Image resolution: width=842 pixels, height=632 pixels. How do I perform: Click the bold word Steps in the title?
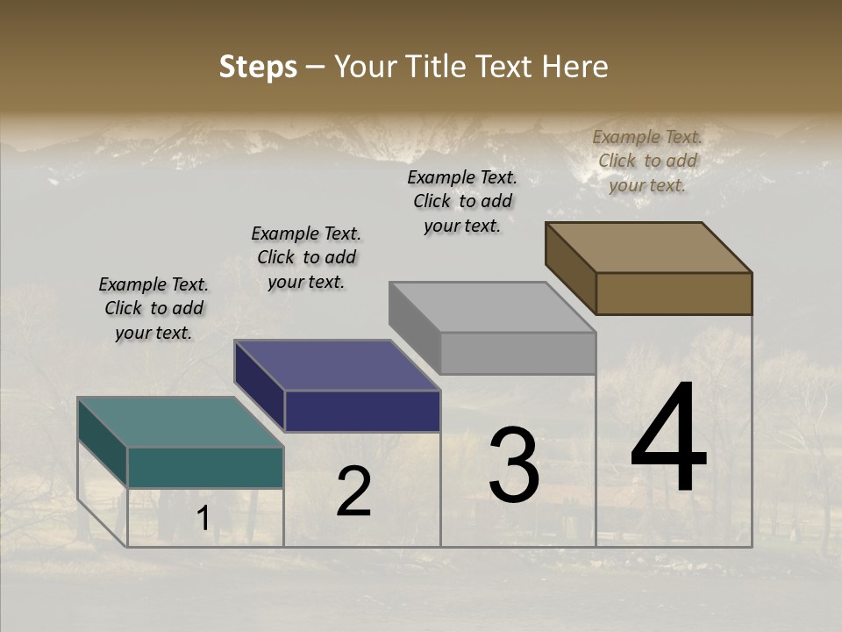[258, 67]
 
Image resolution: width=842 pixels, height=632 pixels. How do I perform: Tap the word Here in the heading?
[575, 67]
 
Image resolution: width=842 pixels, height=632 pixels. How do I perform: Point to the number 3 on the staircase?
[514, 465]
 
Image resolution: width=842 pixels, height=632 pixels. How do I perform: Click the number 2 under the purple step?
[353, 492]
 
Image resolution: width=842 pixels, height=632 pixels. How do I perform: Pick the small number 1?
[203, 519]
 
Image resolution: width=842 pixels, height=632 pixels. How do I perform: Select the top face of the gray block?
[492, 307]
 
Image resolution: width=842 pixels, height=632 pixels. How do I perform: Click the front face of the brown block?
[674, 293]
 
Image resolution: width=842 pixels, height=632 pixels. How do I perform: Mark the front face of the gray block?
[517, 353]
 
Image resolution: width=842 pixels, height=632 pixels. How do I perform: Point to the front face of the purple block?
[362, 411]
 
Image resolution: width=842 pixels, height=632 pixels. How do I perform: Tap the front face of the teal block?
[206, 467]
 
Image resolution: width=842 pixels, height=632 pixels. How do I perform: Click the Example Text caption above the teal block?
[153, 308]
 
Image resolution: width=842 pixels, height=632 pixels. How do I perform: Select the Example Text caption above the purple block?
[306, 257]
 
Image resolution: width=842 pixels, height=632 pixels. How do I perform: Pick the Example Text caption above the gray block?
[462, 201]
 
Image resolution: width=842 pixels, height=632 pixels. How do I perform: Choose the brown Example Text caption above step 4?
[647, 161]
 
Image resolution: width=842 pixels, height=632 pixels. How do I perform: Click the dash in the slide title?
[316, 67]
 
